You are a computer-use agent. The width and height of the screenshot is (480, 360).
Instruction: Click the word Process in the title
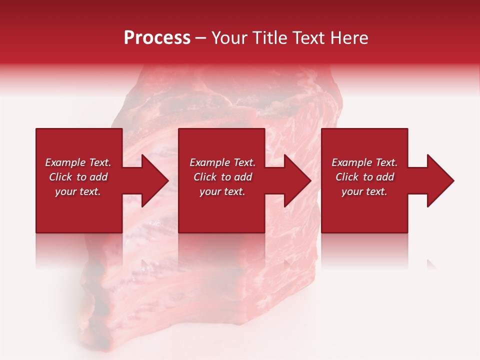tap(157, 38)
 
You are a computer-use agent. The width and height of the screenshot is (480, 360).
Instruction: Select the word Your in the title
tap(228, 38)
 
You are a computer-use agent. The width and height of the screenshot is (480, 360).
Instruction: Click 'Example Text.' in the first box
tap(78, 162)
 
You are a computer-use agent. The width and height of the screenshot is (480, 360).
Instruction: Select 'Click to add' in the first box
tap(78, 177)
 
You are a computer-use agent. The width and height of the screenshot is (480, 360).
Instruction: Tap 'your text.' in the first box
tap(78, 191)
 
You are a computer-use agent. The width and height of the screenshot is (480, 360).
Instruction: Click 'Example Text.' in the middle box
tap(222, 162)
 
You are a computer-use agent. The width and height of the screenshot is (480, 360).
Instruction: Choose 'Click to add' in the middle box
tap(222, 177)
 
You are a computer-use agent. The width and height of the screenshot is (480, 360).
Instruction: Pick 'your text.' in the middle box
tap(222, 191)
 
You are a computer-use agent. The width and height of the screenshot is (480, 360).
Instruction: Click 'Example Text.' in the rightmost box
tap(364, 162)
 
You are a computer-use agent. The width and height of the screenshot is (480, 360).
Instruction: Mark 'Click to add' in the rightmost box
tap(364, 177)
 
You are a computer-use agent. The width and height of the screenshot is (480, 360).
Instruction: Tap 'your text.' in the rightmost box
tap(364, 191)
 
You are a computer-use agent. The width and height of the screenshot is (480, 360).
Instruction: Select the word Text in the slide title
tap(310, 38)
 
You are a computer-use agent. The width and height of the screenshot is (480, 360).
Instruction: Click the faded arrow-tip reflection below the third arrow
tap(431, 263)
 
